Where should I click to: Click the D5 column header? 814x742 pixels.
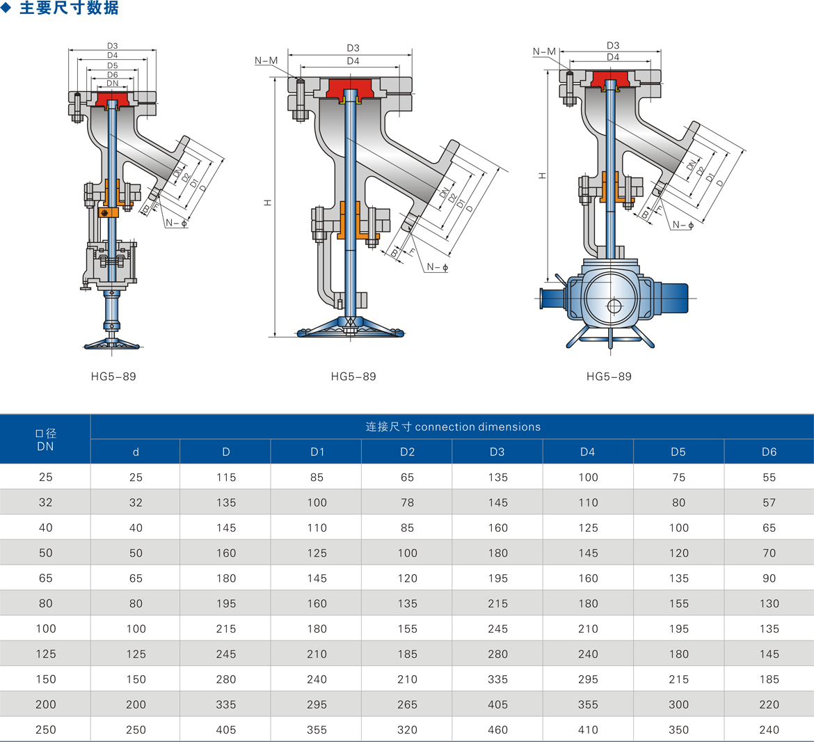[678, 452]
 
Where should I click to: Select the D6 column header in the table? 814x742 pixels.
[769, 452]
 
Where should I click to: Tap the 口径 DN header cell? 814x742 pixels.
[45, 439]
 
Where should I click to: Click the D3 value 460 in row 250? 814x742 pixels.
[497, 729]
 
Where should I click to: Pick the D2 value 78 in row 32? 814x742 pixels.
[407, 503]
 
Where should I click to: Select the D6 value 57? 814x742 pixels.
[769, 503]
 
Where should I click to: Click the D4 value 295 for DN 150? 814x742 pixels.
[588, 679]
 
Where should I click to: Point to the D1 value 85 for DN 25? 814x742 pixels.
[317, 477]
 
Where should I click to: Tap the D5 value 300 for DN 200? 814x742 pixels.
[678, 704]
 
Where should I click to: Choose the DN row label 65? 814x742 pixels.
[46, 578]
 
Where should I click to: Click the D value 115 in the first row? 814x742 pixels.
[226, 477]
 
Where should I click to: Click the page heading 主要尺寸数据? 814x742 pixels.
[69, 8]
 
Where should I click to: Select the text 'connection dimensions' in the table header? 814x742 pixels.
[477, 427]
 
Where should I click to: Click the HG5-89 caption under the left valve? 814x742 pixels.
[113, 377]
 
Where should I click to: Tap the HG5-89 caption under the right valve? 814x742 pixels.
[609, 377]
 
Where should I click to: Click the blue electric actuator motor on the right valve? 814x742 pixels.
[673, 298]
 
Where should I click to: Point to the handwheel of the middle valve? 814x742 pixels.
[350, 328]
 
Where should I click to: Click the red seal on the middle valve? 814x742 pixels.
[351, 88]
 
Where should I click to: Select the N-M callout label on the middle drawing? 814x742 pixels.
[266, 61]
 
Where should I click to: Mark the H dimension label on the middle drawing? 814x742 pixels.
[268, 203]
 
